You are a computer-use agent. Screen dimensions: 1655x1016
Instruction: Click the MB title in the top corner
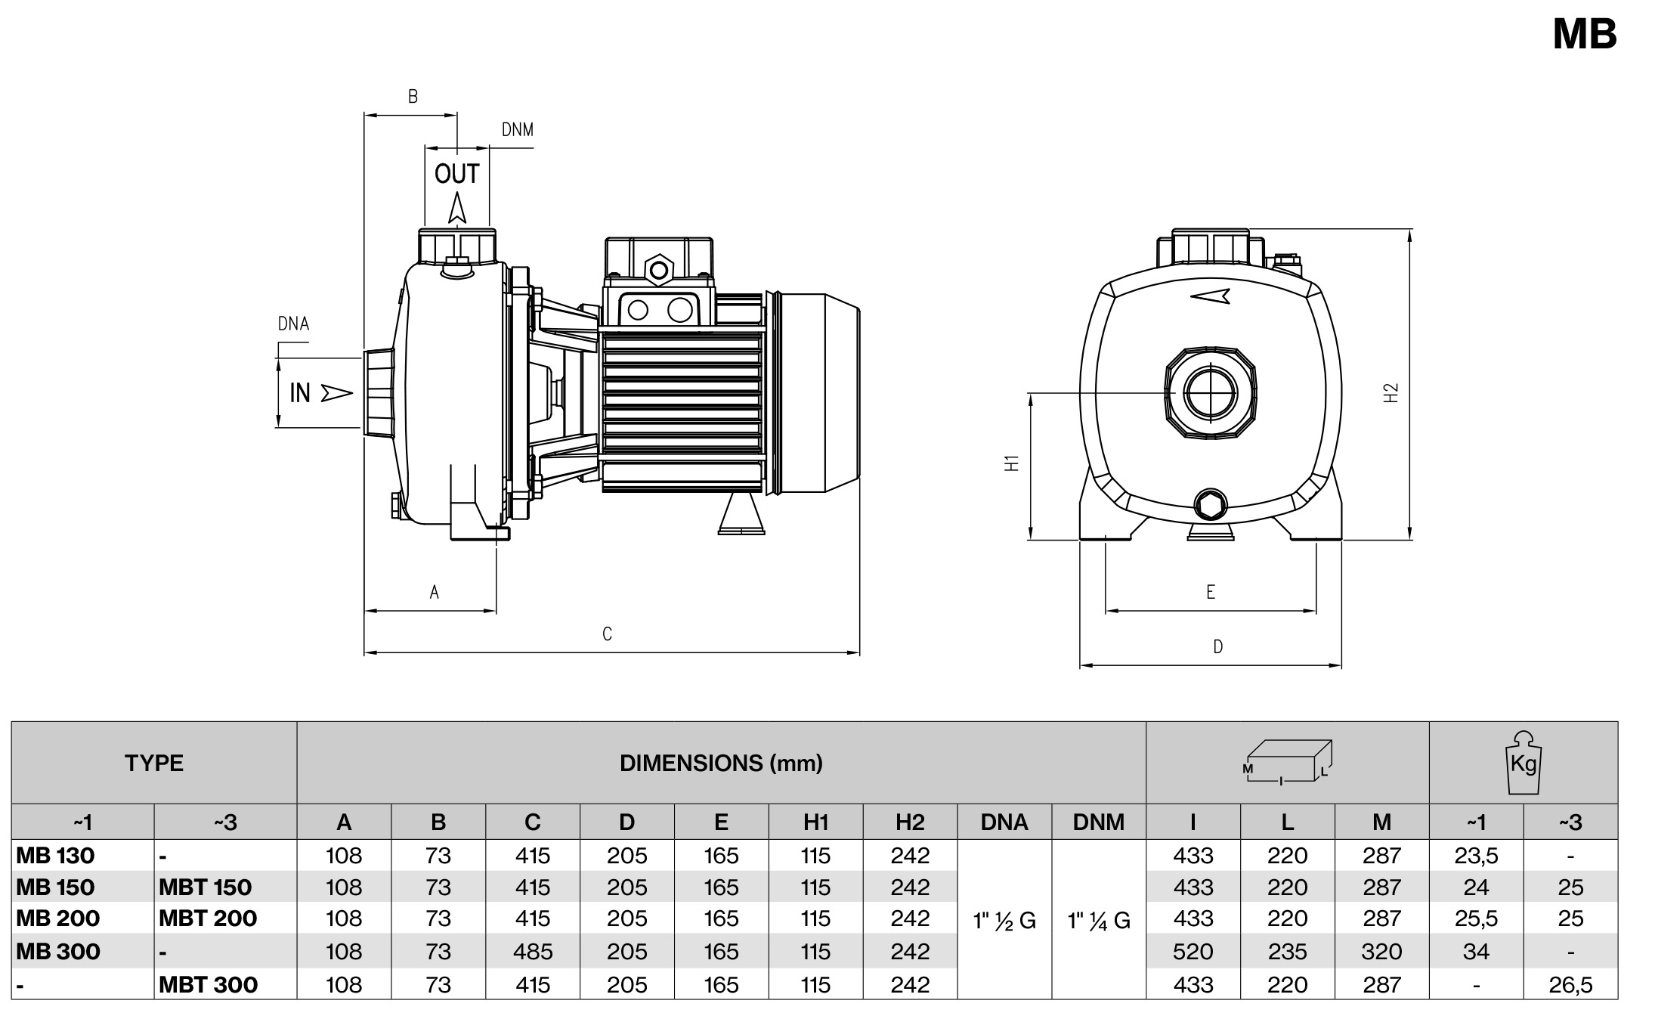click(1584, 34)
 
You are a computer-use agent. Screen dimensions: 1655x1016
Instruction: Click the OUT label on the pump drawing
click(456, 175)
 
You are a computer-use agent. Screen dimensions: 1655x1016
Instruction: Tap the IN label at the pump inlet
click(300, 393)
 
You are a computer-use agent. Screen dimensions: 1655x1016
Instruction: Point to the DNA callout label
click(293, 324)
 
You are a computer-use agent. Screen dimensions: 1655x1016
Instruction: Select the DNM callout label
click(518, 130)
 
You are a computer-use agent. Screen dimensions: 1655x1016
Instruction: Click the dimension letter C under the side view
click(607, 634)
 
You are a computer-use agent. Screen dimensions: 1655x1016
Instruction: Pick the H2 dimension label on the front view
click(1391, 393)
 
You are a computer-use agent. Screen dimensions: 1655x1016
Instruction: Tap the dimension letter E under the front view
click(1211, 592)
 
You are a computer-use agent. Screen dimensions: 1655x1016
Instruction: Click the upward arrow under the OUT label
click(456, 208)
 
